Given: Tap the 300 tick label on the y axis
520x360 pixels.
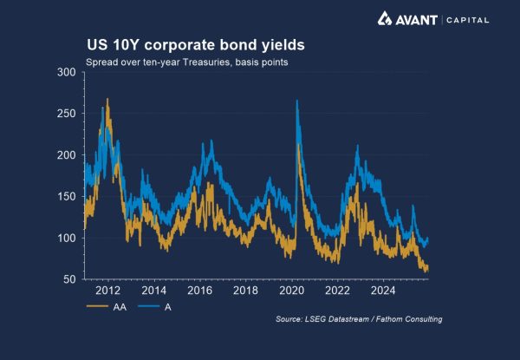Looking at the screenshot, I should click(x=66, y=72).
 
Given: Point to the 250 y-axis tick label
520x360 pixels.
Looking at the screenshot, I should click(x=66, y=114).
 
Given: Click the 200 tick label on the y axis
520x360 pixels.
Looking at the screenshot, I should click(x=66, y=155).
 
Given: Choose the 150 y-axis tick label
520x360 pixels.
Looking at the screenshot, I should click(x=66, y=197).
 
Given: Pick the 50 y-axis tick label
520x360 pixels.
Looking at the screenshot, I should click(x=69, y=279).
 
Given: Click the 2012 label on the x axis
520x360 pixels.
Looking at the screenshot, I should click(x=107, y=291).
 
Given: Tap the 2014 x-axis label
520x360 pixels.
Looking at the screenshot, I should click(x=153, y=291).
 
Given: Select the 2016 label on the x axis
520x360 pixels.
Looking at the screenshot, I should click(x=199, y=291).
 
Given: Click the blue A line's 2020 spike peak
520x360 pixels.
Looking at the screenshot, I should click(x=297, y=101).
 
